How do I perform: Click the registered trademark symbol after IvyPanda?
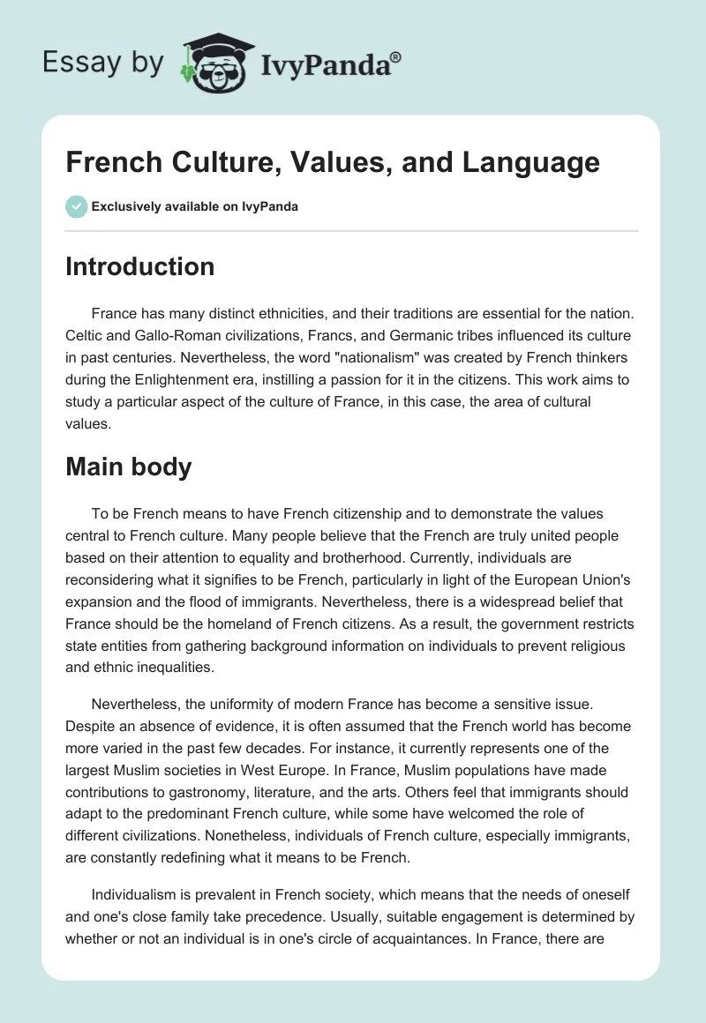tap(396, 57)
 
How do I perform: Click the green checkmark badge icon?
tap(76, 206)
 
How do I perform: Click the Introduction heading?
tap(139, 266)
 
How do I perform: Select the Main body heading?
tap(128, 467)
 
